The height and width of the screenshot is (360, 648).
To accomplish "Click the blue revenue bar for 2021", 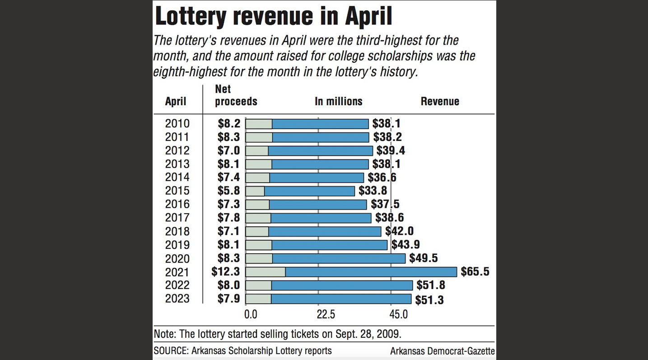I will (371, 272).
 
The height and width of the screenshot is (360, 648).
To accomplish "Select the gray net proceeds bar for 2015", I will (255, 191).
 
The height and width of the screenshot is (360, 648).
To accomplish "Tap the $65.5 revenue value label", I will (475, 272).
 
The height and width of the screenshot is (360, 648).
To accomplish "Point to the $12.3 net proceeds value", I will (226, 272).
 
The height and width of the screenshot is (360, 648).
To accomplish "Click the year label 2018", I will (177, 231).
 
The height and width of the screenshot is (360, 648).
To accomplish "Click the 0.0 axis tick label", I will (251, 314).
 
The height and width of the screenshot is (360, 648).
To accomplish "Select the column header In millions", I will (338, 101).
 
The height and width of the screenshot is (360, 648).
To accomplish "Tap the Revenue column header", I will (440, 101).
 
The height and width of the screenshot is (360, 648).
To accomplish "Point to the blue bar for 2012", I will (320, 150).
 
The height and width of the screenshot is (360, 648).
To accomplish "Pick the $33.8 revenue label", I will (373, 191).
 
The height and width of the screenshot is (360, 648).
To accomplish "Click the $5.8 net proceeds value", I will (228, 191).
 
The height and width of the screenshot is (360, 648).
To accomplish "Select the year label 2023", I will (177, 299).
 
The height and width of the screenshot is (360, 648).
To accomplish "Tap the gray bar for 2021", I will (266, 272).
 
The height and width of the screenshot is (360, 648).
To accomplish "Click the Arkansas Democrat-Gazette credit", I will (442, 351).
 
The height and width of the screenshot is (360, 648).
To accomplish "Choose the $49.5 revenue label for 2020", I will (424, 258).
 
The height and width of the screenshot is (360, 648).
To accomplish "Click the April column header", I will (176, 101).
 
